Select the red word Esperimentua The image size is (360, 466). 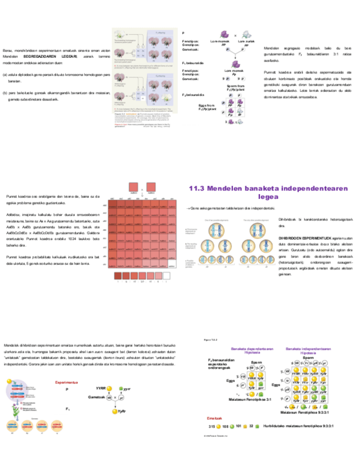coord(67,382)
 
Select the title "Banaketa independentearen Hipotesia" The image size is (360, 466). coord(308,350)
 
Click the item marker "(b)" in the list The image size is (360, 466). coord(5,93)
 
